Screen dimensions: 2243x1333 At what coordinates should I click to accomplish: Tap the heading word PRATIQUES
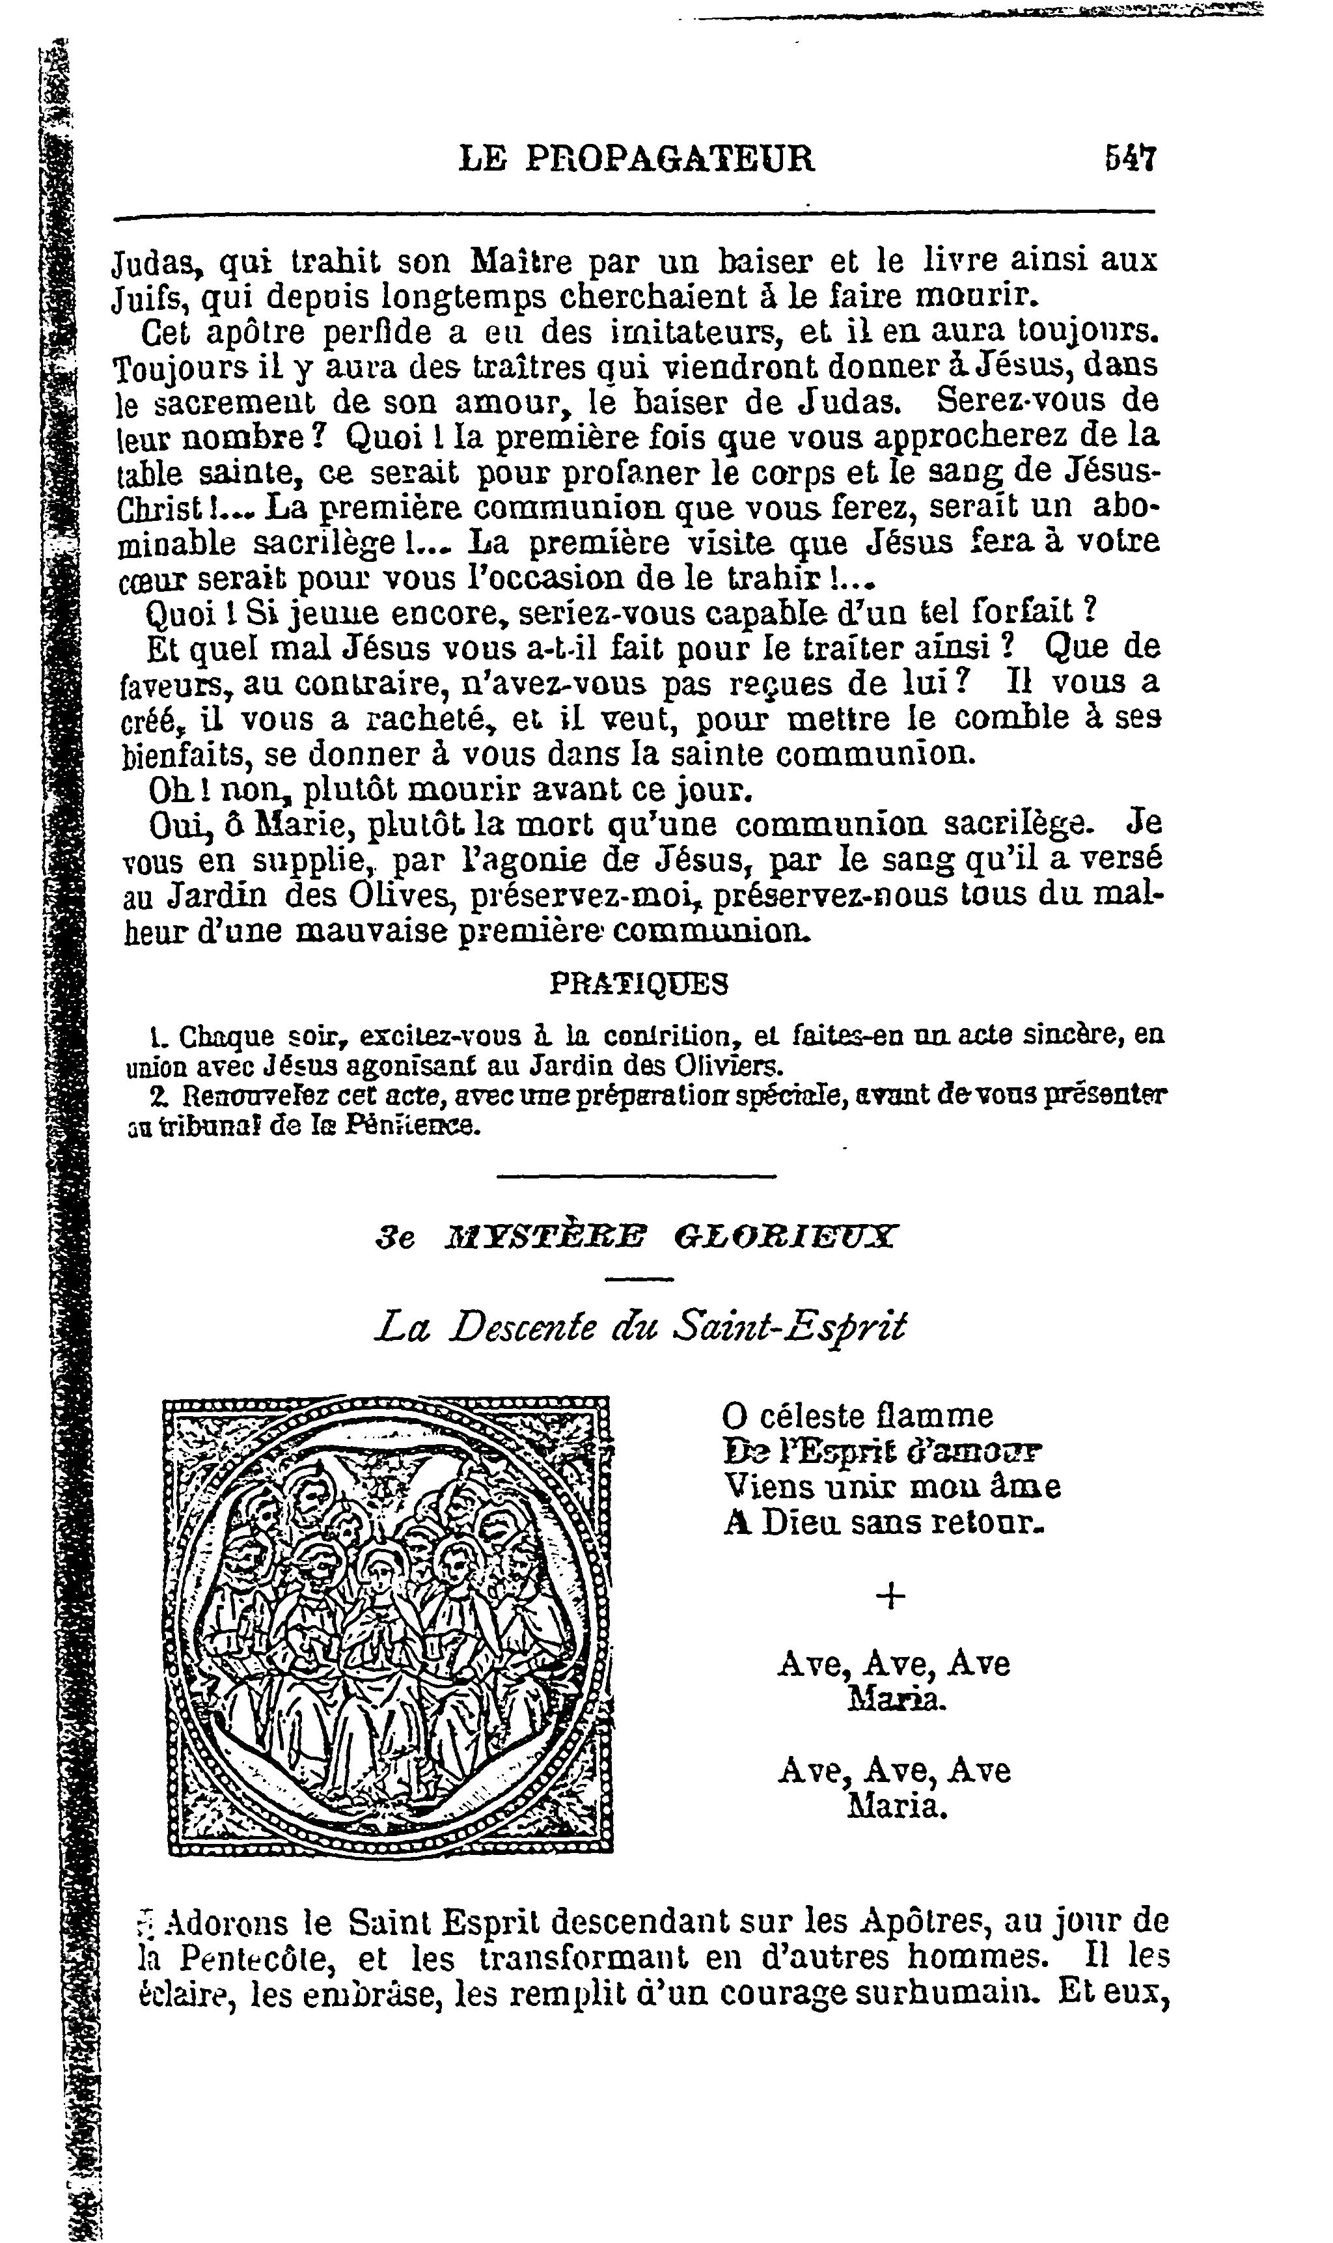click(x=638, y=984)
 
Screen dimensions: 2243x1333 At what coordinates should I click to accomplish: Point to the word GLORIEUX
click(x=785, y=1238)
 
